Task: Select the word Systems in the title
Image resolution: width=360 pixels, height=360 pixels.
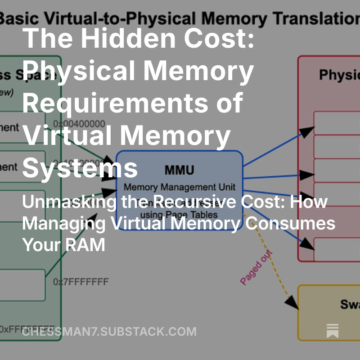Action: [80, 167]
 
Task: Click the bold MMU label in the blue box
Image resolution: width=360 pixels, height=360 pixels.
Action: [179, 170]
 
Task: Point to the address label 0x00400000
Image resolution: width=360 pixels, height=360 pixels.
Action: [79, 124]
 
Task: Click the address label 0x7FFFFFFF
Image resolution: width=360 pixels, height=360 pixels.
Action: [81, 282]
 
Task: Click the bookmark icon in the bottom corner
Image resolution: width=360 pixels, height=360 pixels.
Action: [333, 331]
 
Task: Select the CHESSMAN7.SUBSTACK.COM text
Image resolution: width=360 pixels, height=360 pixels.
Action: [109, 332]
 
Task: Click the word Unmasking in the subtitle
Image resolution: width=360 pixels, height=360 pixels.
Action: [67, 202]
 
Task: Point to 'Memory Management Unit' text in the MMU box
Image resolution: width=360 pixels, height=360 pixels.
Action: [179, 187]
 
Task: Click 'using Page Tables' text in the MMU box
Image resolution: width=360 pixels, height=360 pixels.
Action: [179, 215]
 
